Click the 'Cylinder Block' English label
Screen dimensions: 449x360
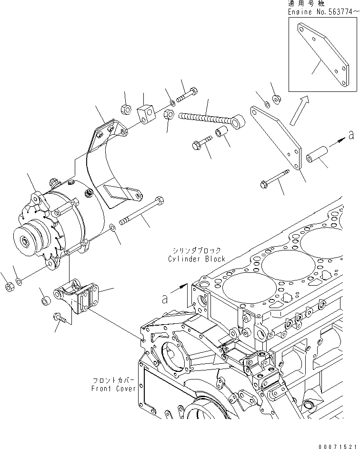[x=196, y=259]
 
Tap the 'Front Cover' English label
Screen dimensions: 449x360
[x=113, y=388]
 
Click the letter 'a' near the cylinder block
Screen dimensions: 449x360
[x=165, y=299]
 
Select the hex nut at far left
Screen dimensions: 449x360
[x=8, y=286]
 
